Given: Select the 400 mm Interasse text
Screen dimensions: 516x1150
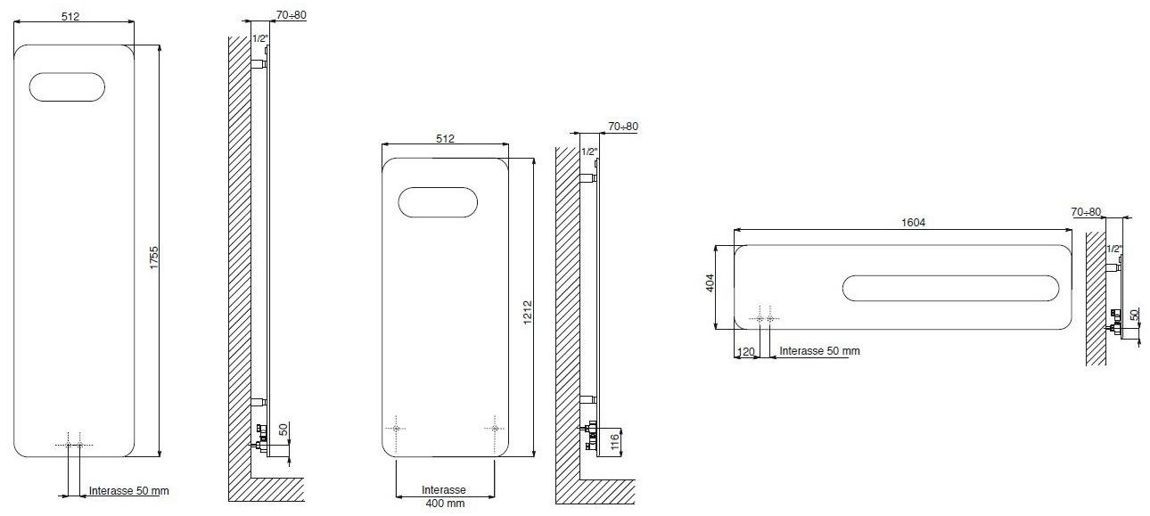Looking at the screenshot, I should point(444,504).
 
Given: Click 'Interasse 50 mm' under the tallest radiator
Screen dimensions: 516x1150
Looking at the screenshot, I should point(129,491).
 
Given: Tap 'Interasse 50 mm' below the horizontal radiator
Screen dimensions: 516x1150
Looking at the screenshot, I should point(819,351).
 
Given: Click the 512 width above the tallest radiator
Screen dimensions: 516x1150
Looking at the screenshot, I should point(74,17).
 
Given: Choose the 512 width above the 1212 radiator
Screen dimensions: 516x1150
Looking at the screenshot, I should point(445,138).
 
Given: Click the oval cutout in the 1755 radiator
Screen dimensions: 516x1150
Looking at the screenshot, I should point(67,86).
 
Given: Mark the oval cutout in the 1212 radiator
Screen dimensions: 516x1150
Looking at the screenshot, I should point(438,202).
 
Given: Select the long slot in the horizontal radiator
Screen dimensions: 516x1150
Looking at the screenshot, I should point(952,290).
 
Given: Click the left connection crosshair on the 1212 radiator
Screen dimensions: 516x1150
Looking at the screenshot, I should point(396,429).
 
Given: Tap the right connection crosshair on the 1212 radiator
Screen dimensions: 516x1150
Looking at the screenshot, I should point(496,429).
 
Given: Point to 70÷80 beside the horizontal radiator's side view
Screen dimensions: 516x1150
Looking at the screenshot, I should point(1087,212).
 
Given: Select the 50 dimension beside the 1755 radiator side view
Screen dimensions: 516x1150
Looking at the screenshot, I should point(284,430).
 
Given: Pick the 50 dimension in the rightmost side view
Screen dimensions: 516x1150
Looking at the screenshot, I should point(1134,315).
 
